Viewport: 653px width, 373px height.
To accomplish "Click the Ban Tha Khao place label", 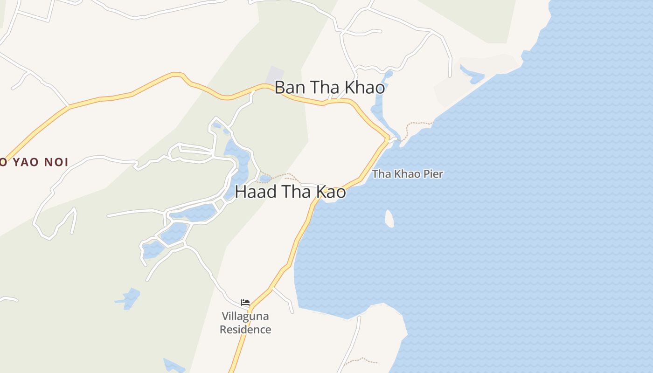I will [x=329, y=88].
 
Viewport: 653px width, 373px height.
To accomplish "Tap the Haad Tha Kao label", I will [x=290, y=192].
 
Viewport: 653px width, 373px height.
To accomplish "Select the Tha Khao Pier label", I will [x=407, y=174].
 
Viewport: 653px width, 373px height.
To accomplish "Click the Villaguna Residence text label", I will [x=245, y=323].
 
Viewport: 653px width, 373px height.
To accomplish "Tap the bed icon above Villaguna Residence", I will [x=245, y=303].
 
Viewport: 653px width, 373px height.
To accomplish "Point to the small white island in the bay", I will [x=389, y=218].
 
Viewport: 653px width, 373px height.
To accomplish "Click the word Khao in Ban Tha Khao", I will [x=366, y=88].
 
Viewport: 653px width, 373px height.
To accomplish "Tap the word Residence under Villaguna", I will [x=245, y=330].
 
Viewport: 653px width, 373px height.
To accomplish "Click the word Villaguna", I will [x=245, y=316].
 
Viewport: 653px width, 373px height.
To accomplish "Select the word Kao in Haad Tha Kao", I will [x=332, y=192].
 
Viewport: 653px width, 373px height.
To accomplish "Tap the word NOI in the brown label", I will [x=57, y=162].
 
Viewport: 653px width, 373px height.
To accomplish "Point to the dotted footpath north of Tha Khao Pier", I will [x=417, y=124].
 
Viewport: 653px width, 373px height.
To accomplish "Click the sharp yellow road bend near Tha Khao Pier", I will [x=387, y=138].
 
